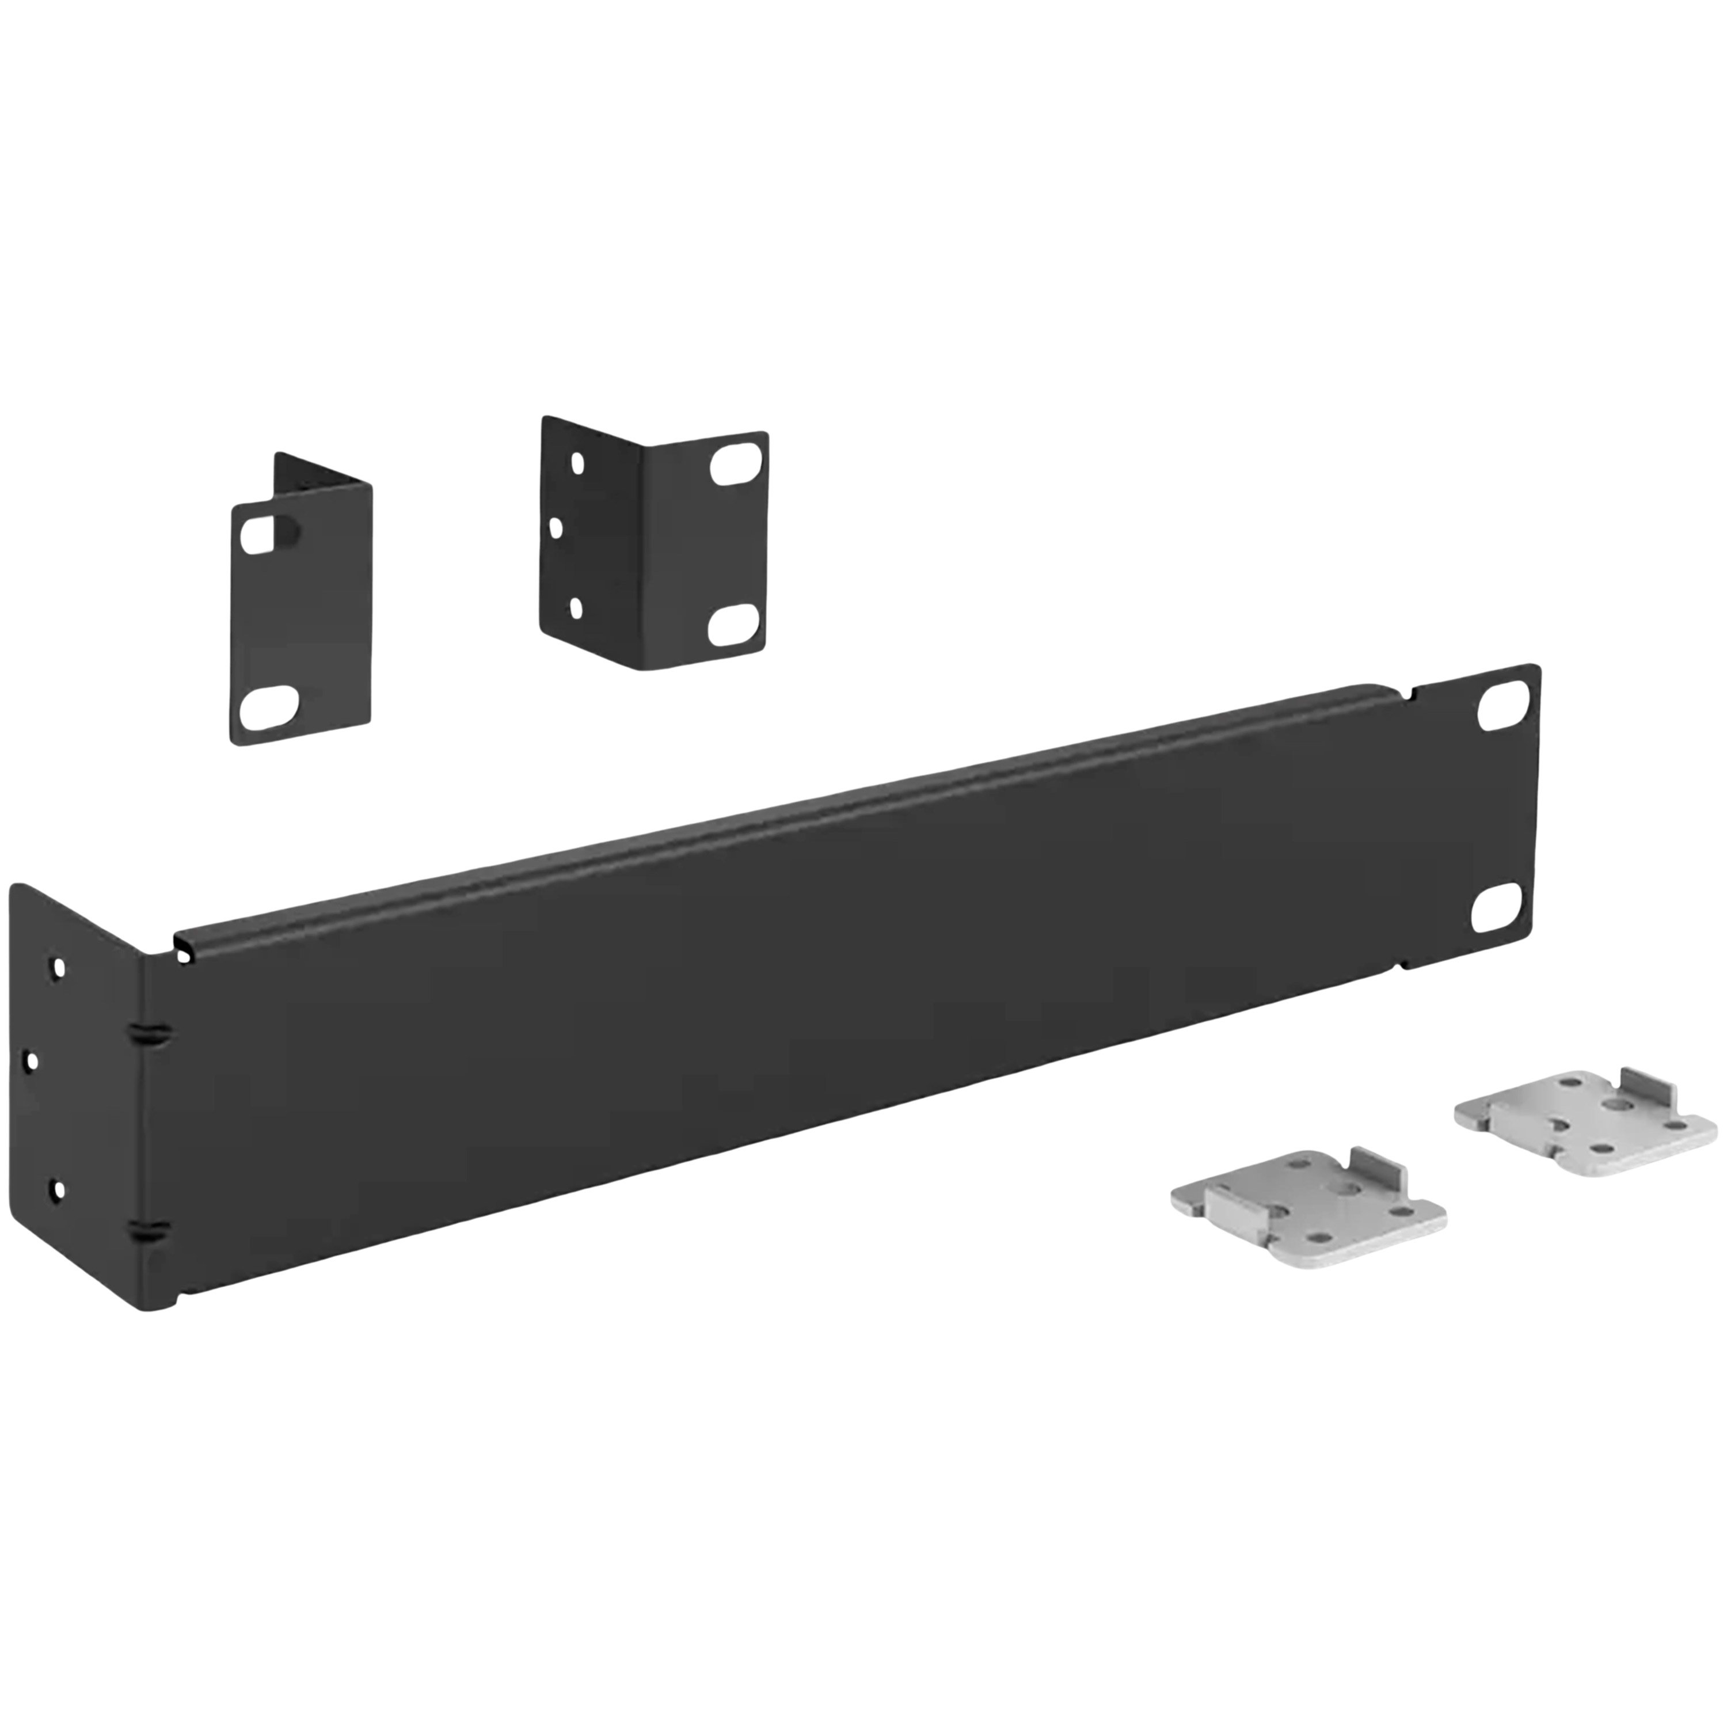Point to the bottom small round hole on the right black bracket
577,608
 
